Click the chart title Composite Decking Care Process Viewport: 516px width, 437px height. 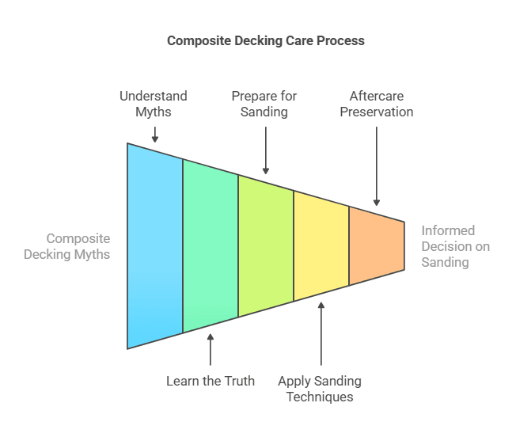pyautogui.click(x=265, y=40)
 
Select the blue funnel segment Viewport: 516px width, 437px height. pyautogui.click(x=155, y=245)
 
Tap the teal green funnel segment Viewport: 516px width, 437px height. pyautogui.click(x=211, y=245)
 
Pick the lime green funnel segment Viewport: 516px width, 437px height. pyautogui.click(x=266, y=245)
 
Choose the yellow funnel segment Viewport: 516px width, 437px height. pyautogui.click(x=321, y=245)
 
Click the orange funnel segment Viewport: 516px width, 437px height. pyautogui.click(x=377, y=245)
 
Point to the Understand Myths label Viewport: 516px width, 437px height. pyautogui.click(x=154, y=104)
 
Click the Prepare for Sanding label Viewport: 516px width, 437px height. pyautogui.click(x=264, y=104)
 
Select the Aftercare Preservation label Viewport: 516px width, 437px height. pyautogui.click(x=376, y=104)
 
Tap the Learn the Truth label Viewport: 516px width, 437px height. pyautogui.click(x=211, y=381)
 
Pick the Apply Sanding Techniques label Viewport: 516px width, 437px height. pyautogui.click(x=320, y=389)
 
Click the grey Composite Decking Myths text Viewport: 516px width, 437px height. pyautogui.click(x=67, y=246)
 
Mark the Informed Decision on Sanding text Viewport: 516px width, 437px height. pyautogui.click(x=455, y=246)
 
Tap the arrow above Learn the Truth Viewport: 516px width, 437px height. pyautogui.click(x=211, y=349)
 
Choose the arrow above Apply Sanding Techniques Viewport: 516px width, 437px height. pyautogui.click(x=321, y=333)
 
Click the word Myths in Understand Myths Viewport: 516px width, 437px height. pyautogui.click(x=154, y=112)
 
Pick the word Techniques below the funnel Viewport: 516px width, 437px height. pyautogui.click(x=320, y=397)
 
